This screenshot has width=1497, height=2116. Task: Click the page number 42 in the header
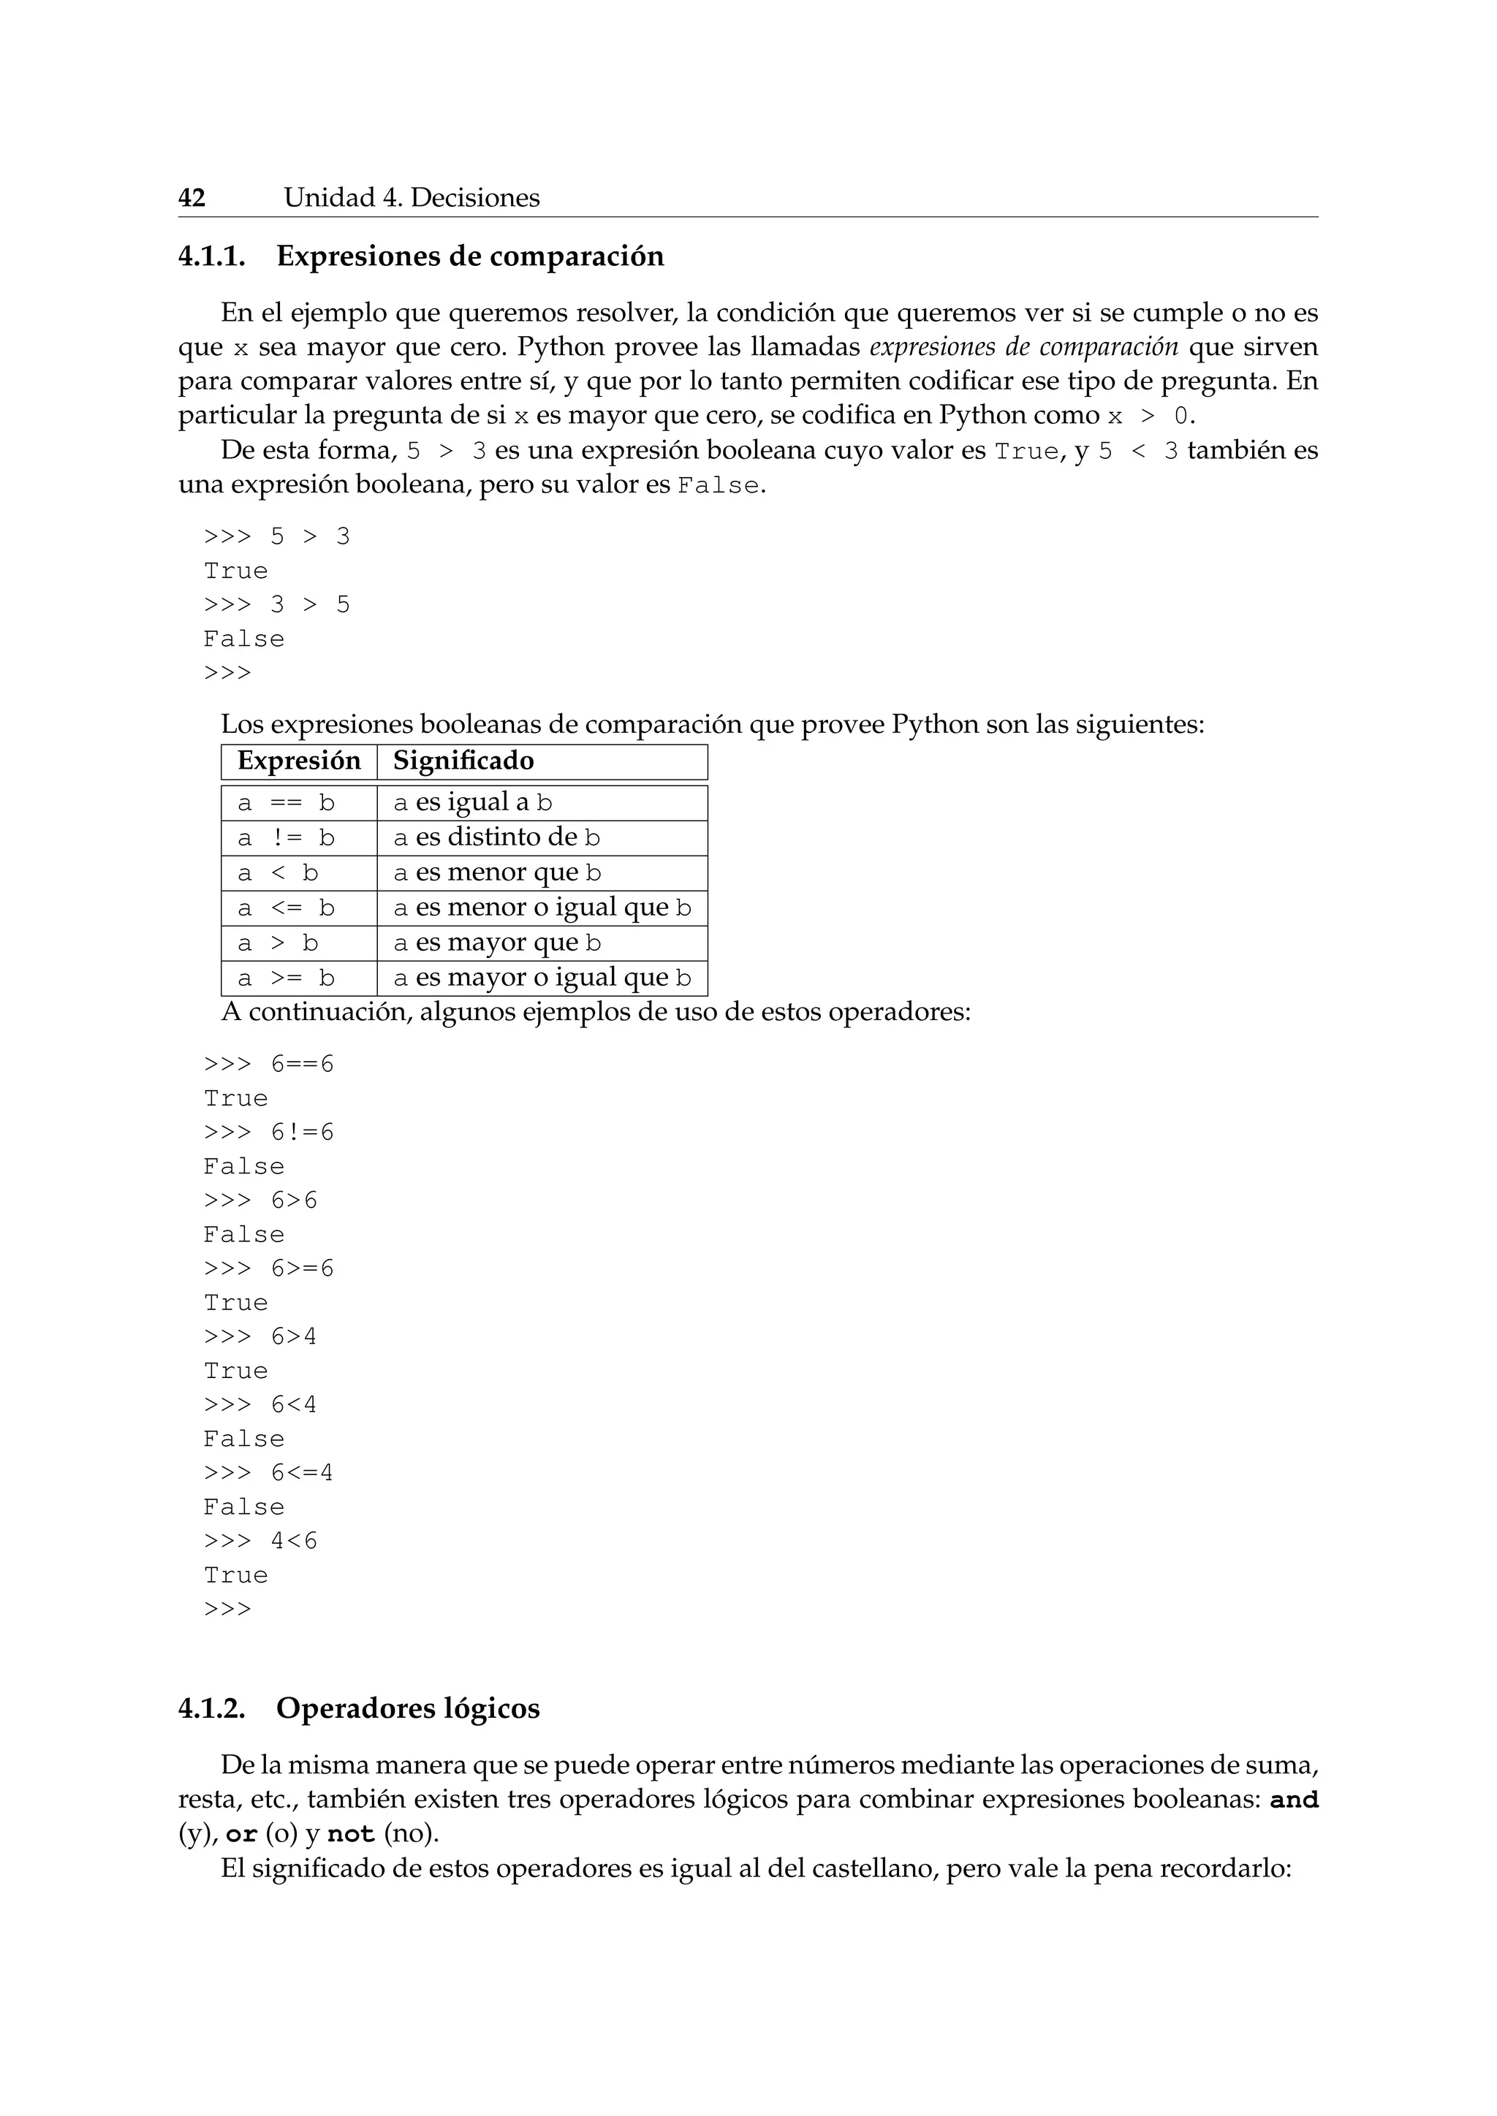click(192, 197)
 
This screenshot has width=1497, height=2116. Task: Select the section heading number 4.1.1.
click(212, 256)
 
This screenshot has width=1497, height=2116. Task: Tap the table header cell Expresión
click(299, 761)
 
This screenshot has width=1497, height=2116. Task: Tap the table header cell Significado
click(463, 761)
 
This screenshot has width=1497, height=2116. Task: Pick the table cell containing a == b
click(286, 803)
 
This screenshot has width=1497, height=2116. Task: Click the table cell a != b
click(286, 838)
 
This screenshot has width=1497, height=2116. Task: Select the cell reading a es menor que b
click(497, 872)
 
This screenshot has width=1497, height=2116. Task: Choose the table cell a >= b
click(286, 978)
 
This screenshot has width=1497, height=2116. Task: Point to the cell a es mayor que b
click(497, 943)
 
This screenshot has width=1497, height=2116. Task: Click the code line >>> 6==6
click(268, 1065)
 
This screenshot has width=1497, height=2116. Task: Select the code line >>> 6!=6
click(268, 1133)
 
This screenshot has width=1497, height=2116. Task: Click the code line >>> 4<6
click(260, 1541)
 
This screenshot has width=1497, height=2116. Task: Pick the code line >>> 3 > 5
click(276, 604)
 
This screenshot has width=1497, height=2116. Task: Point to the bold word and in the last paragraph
click(1293, 1800)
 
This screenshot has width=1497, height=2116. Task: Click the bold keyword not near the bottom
click(350, 1835)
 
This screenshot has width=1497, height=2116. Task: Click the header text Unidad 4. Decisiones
click(411, 197)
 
